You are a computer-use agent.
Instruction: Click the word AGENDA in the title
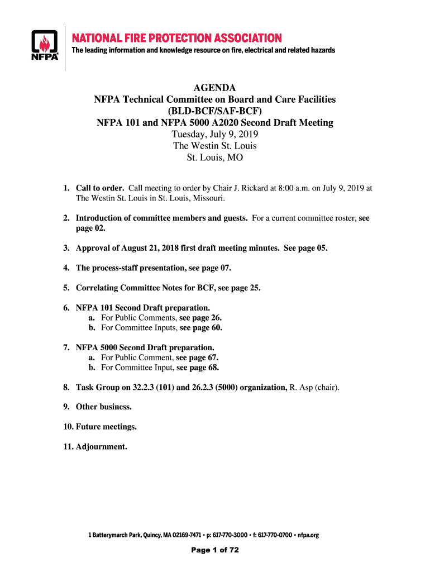214,88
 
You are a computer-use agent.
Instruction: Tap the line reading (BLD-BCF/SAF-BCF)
214,111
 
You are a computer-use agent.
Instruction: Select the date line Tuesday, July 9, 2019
214,135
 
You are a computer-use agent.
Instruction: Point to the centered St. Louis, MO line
214,158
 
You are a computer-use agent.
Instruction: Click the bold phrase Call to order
100,188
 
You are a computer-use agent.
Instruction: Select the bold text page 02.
90,228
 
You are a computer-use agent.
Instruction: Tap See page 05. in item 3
305,249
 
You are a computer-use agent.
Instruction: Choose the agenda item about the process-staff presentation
154,268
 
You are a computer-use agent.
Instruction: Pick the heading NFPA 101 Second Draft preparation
143,308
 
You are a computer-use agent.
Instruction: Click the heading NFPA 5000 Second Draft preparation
145,347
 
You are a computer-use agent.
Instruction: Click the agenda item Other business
104,407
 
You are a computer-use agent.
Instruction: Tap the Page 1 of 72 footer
215,550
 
